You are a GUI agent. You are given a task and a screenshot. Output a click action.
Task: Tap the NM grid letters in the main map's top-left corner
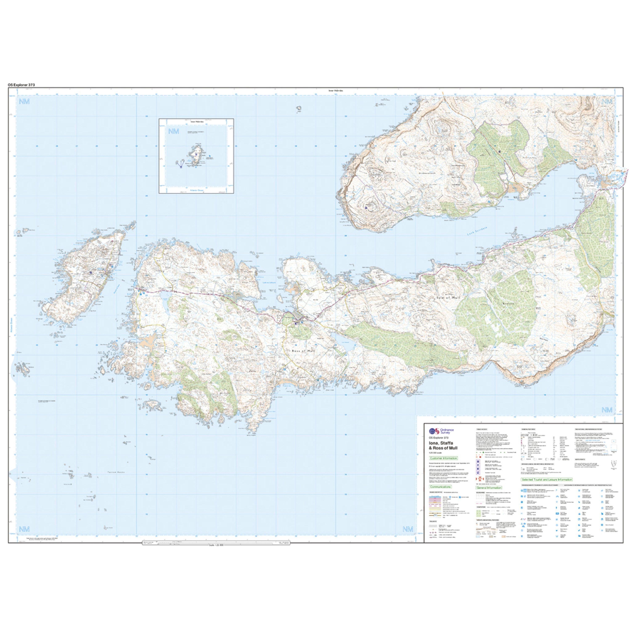tap(24, 102)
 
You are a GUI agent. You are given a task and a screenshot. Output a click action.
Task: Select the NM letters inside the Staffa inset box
tap(174, 132)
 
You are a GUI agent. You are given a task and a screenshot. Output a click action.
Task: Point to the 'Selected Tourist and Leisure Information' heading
tap(547, 480)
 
